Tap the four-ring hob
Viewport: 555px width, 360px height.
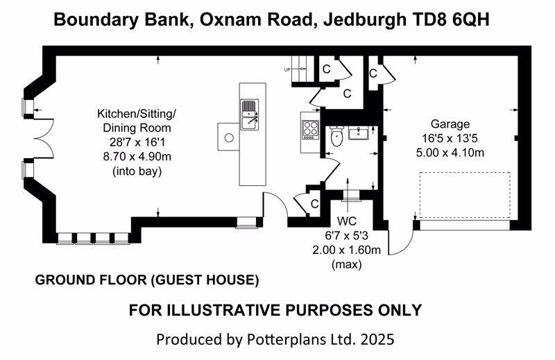coord(309,128)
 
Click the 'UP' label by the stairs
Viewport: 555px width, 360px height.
coord(287,70)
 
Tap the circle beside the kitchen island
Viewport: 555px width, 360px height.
coord(228,138)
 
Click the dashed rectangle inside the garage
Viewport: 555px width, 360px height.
coord(464,195)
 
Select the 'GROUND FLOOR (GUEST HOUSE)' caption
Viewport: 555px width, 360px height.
coord(146,280)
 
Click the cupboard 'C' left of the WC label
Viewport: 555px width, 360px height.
coord(314,204)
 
